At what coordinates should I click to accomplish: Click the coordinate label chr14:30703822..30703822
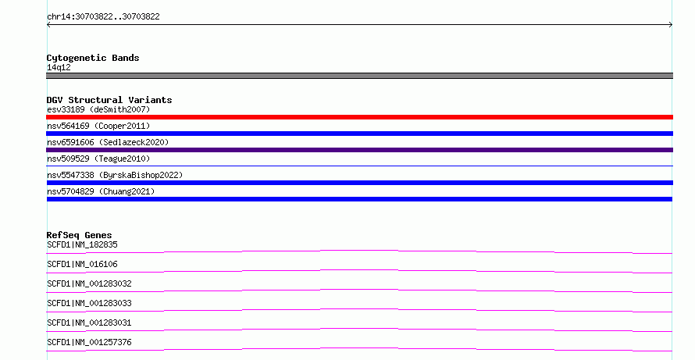pyautogui.click(x=103, y=17)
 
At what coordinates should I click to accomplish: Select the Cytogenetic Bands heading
pyautogui.click(x=93, y=58)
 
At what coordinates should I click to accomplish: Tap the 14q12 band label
pyautogui.click(x=59, y=67)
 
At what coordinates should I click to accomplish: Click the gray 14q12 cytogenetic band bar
pyautogui.click(x=359, y=76)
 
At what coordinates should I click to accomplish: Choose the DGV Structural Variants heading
pyautogui.click(x=109, y=100)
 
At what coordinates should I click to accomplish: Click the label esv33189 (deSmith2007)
pyautogui.click(x=98, y=109)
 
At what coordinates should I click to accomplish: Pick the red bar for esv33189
pyautogui.click(x=359, y=117)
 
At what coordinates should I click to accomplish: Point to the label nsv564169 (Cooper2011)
pyautogui.click(x=98, y=126)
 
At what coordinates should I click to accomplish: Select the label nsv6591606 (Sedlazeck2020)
pyautogui.click(x=108, y=142)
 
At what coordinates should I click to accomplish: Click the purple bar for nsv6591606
pyautogui.click(x=359, y=150)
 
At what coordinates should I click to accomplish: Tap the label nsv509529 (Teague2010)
pyautogui.click(x=98, y=159)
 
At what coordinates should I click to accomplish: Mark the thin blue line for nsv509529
pyautogui.click(x=359, y=166)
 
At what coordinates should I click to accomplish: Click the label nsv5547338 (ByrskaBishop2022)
pyautogui.click(x=115, y=175)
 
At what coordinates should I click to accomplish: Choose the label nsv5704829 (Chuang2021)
pyautogui.click(x=101, y=191)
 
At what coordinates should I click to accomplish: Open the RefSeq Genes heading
pyautogui.click(x=79, y=235)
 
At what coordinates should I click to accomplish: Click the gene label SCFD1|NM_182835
pyautogui.click(x=82, y=244)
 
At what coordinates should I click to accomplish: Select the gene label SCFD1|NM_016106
pyautogui.click(x=82, y=264)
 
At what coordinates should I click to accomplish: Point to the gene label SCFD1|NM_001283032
pyautogui.click(x=89, y=283)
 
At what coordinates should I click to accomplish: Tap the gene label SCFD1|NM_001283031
pyautogui.click(x=89, y=323)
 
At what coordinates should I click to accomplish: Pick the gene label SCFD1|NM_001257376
pyautogui.click(x=89, y=342)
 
